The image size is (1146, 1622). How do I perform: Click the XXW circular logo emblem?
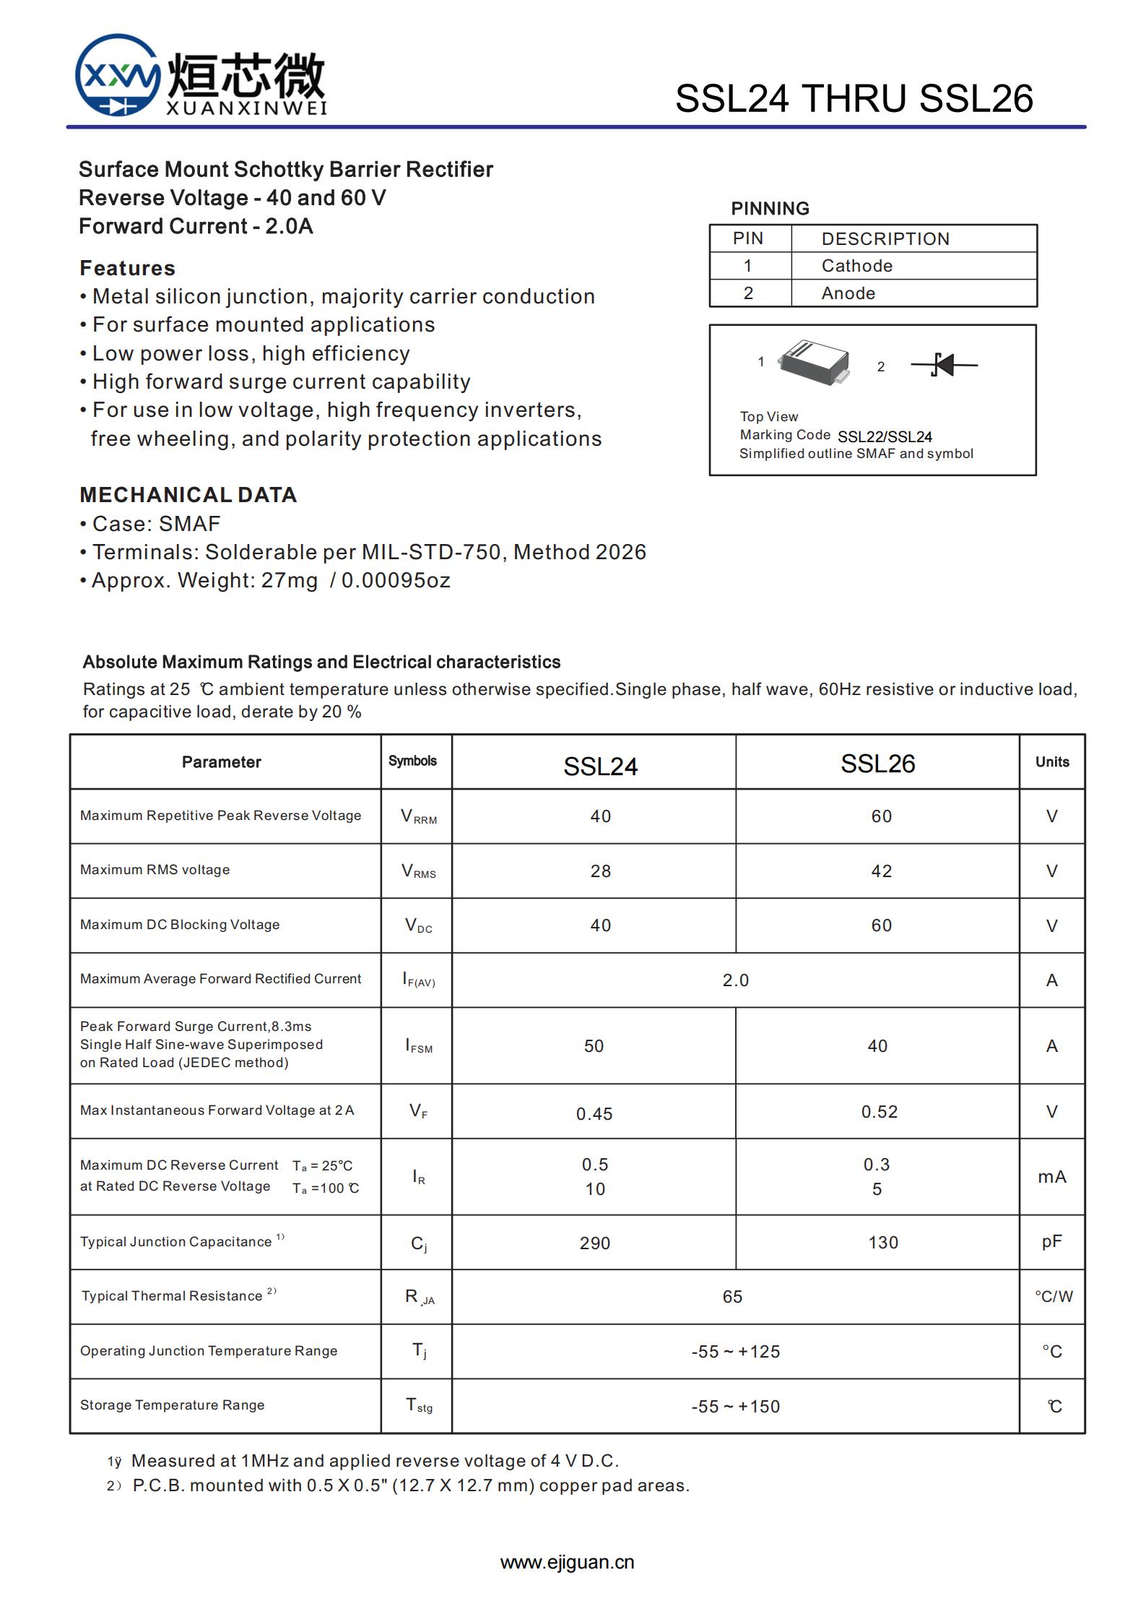118,75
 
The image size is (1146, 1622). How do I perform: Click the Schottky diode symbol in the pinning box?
944,365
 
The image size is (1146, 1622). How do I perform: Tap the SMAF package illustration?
814,361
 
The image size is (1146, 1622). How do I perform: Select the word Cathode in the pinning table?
856,266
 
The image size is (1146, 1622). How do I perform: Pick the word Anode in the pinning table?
848,293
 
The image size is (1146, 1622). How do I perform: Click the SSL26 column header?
877,764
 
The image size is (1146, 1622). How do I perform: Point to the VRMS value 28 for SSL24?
600,871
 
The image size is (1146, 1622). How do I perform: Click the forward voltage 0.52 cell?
879,1112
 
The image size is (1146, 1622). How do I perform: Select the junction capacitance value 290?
594,1243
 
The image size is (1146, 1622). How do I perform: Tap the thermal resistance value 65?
732,1297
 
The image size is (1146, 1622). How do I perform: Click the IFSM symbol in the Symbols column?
419,1046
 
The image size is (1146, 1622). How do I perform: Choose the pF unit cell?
1051,1242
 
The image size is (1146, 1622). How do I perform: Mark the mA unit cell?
1051,1177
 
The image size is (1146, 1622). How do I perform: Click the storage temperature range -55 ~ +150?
735,1407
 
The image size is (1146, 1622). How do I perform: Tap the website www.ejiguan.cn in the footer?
567,1562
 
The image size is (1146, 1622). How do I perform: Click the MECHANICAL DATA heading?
188,495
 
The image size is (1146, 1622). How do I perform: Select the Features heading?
127,268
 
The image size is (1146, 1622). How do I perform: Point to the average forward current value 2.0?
735,980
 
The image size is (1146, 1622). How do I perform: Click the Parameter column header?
221,762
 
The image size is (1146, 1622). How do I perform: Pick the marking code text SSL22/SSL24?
885,437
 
